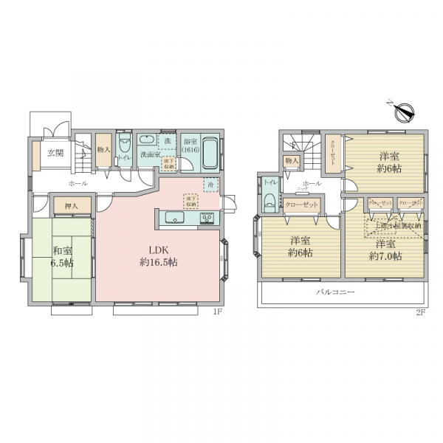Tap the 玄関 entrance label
coord(55,154)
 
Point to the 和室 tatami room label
coord(61,251)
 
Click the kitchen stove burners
coord(206,218)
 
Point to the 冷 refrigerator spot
coord(211,185)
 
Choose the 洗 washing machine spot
coord(168,140)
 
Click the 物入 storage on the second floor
coord(291,161)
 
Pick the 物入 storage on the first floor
coord(103,149)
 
